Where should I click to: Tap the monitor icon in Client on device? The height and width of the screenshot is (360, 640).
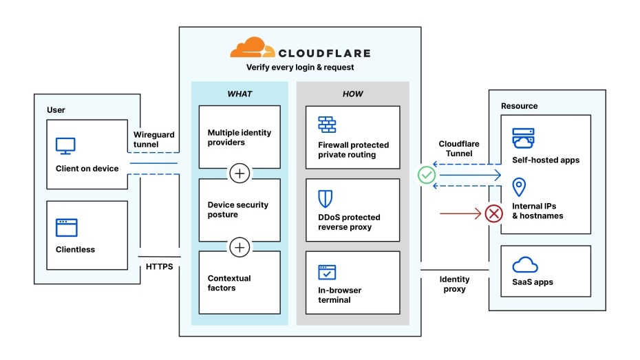(x=65, y=146)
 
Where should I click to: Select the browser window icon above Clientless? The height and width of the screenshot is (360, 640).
(x=67, y=227)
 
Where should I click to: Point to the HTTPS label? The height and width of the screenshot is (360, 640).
(x=159, y=266)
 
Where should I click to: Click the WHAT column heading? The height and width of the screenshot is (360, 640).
(x=239, y=94)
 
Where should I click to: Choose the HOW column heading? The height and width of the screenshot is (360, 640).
(x=352, y=94)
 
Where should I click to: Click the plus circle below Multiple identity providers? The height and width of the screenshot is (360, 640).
(x=239, y=173)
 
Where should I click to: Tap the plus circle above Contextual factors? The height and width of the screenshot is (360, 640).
(x=239, y=246)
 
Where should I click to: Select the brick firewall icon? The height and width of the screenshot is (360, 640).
(x=327, y=125)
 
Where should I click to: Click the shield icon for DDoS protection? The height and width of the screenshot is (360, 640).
(x=326, y=198)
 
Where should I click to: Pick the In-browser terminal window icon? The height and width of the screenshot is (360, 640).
(x=327, y=272)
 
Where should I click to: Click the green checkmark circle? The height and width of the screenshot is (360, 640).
(x=427, y=176)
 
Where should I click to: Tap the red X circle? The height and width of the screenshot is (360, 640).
(x=494, y=213)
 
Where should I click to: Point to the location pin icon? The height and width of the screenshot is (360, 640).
(x=520, y=187)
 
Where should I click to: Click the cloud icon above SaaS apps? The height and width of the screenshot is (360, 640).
(x=525, y=264)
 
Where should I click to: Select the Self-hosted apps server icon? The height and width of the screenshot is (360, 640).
(x=523, y=138)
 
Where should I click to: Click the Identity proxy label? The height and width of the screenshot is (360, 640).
(x=454, y=284)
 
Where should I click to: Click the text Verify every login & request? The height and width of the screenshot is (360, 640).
(x=300, y=67)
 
